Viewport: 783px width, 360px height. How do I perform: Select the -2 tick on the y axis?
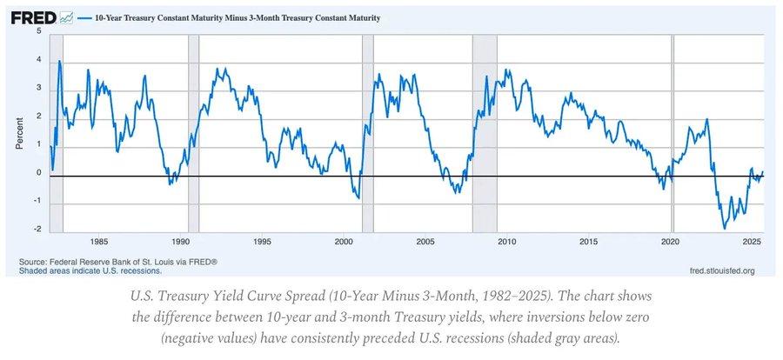click(37, 230)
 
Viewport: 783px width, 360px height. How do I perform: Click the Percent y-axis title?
click(19, 130)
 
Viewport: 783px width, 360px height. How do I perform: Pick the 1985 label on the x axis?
click(99, 241)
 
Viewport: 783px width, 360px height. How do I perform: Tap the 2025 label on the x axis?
click(753, 241)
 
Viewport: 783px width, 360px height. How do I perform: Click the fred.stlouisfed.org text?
click(722, 270)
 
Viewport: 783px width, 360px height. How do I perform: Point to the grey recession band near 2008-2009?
click(485, 130)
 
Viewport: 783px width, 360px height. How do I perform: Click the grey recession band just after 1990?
click(193, 130)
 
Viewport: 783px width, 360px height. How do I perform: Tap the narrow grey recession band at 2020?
click(673, 130)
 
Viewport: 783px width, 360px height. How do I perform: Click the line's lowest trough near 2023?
click(724, 229)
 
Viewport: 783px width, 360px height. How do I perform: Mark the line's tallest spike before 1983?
click(59, 61)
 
